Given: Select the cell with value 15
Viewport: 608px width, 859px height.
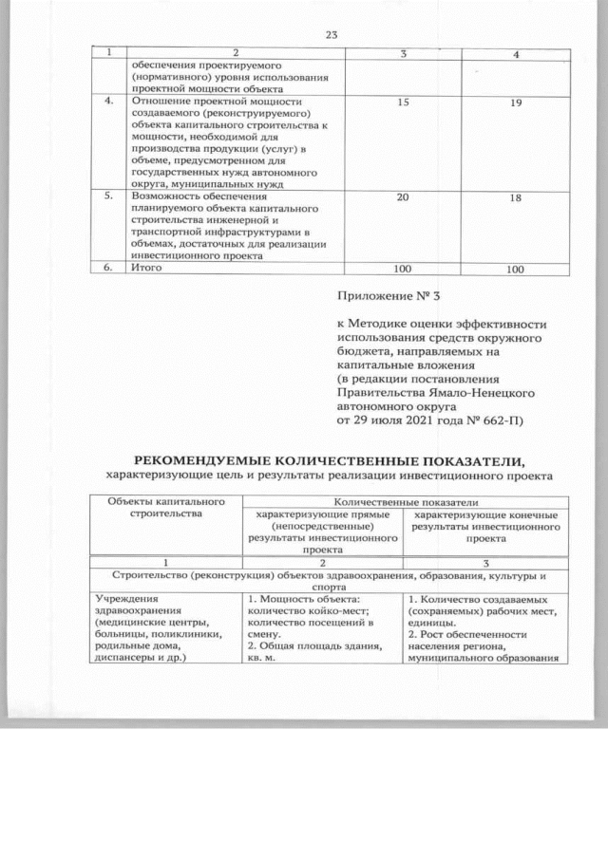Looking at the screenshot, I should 404,100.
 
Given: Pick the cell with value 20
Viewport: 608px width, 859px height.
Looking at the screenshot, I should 404,196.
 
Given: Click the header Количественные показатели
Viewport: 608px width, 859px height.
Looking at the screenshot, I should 404,501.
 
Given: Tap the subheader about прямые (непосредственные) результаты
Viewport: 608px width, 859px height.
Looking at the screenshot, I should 320,531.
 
